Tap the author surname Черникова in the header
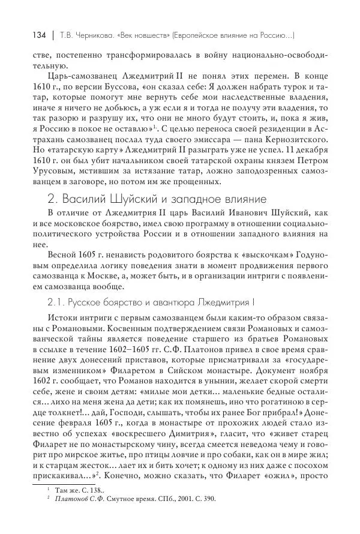pos(82,35)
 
